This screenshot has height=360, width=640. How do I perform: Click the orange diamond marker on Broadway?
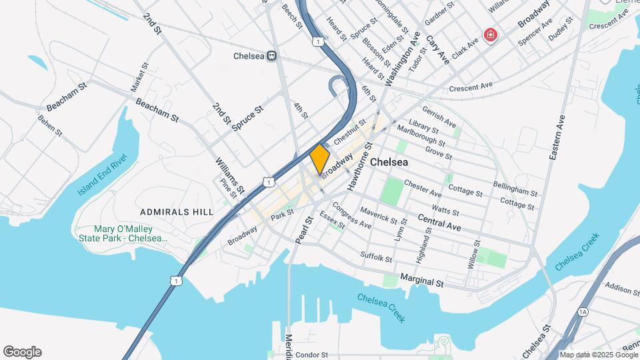(x=320, y=159)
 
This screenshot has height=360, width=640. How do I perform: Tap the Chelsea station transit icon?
(x=271, y=57)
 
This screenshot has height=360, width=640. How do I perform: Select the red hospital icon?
(x=491, y=34)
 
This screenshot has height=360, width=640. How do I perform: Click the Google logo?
(x=22, y=352)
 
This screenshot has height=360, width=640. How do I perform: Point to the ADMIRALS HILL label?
(x=177, y=212)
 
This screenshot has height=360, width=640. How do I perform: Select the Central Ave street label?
(x=439, y=221)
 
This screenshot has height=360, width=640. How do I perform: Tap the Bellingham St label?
(x=515, y=189)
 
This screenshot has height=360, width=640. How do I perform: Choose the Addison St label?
(x=623, y=287)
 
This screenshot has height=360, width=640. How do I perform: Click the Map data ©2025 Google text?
(x=598, y=355)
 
